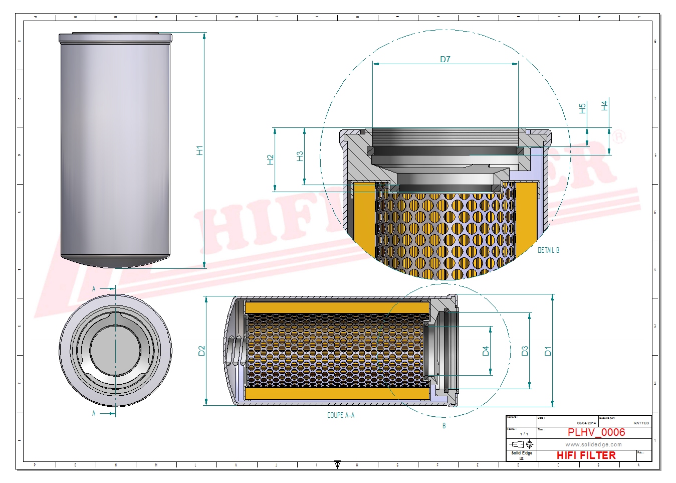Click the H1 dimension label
click(199, 150)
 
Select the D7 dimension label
click(445, 59)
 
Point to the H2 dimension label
click(271, 159)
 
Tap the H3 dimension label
click(300, 156)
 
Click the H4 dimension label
click(604, 106)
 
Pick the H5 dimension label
click(582, 108)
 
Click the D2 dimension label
click(201, 351)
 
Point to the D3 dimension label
click(525, 351)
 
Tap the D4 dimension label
click(485, 351)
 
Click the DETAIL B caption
click(548, 250)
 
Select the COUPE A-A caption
click(341, 415)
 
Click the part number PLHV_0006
click(596, 432)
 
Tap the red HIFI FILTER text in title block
click(586, 455)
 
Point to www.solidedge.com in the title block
click(593, 444)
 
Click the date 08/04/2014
click(586, 423)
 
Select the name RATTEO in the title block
click(641, 423)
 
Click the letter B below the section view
click(444, 426)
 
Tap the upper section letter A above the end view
click(94, 289)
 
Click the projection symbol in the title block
click(521, 444)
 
